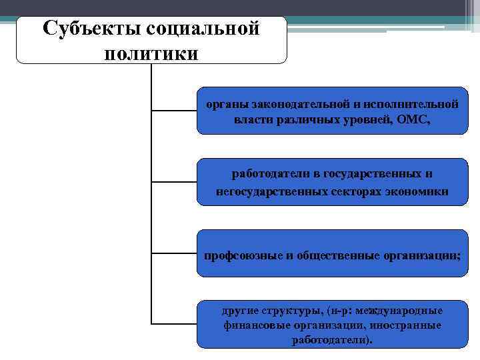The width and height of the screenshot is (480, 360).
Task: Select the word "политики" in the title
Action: tap(151, 53)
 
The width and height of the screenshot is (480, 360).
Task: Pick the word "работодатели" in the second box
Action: tap(270, 174)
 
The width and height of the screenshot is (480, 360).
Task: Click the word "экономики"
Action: tap(421, 192)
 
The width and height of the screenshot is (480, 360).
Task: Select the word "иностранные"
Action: tap(407, 325)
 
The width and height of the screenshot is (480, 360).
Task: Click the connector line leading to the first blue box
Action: tap(175, 110)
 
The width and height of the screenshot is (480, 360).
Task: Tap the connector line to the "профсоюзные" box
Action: tap(175, 254)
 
